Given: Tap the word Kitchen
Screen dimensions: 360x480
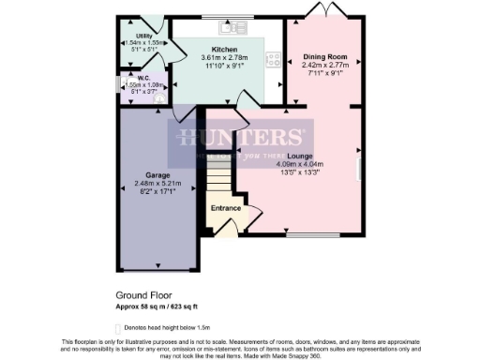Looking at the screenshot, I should coord(224,49).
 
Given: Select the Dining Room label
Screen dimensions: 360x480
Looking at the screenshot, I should coord(324,57).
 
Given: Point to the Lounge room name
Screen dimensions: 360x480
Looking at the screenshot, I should coord(300,156).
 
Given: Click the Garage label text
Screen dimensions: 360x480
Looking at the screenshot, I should coord(149,174).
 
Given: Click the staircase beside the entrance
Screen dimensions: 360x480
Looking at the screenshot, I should coord(219,174).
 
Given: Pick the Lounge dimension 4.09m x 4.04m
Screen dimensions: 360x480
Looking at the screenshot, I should coord(300,164).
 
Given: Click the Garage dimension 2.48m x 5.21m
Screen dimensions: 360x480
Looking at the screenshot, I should coord(149,183).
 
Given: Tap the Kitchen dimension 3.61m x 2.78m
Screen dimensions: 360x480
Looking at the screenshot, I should coord(224,58).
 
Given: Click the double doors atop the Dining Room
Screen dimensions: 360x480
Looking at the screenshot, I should coord(324,10).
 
